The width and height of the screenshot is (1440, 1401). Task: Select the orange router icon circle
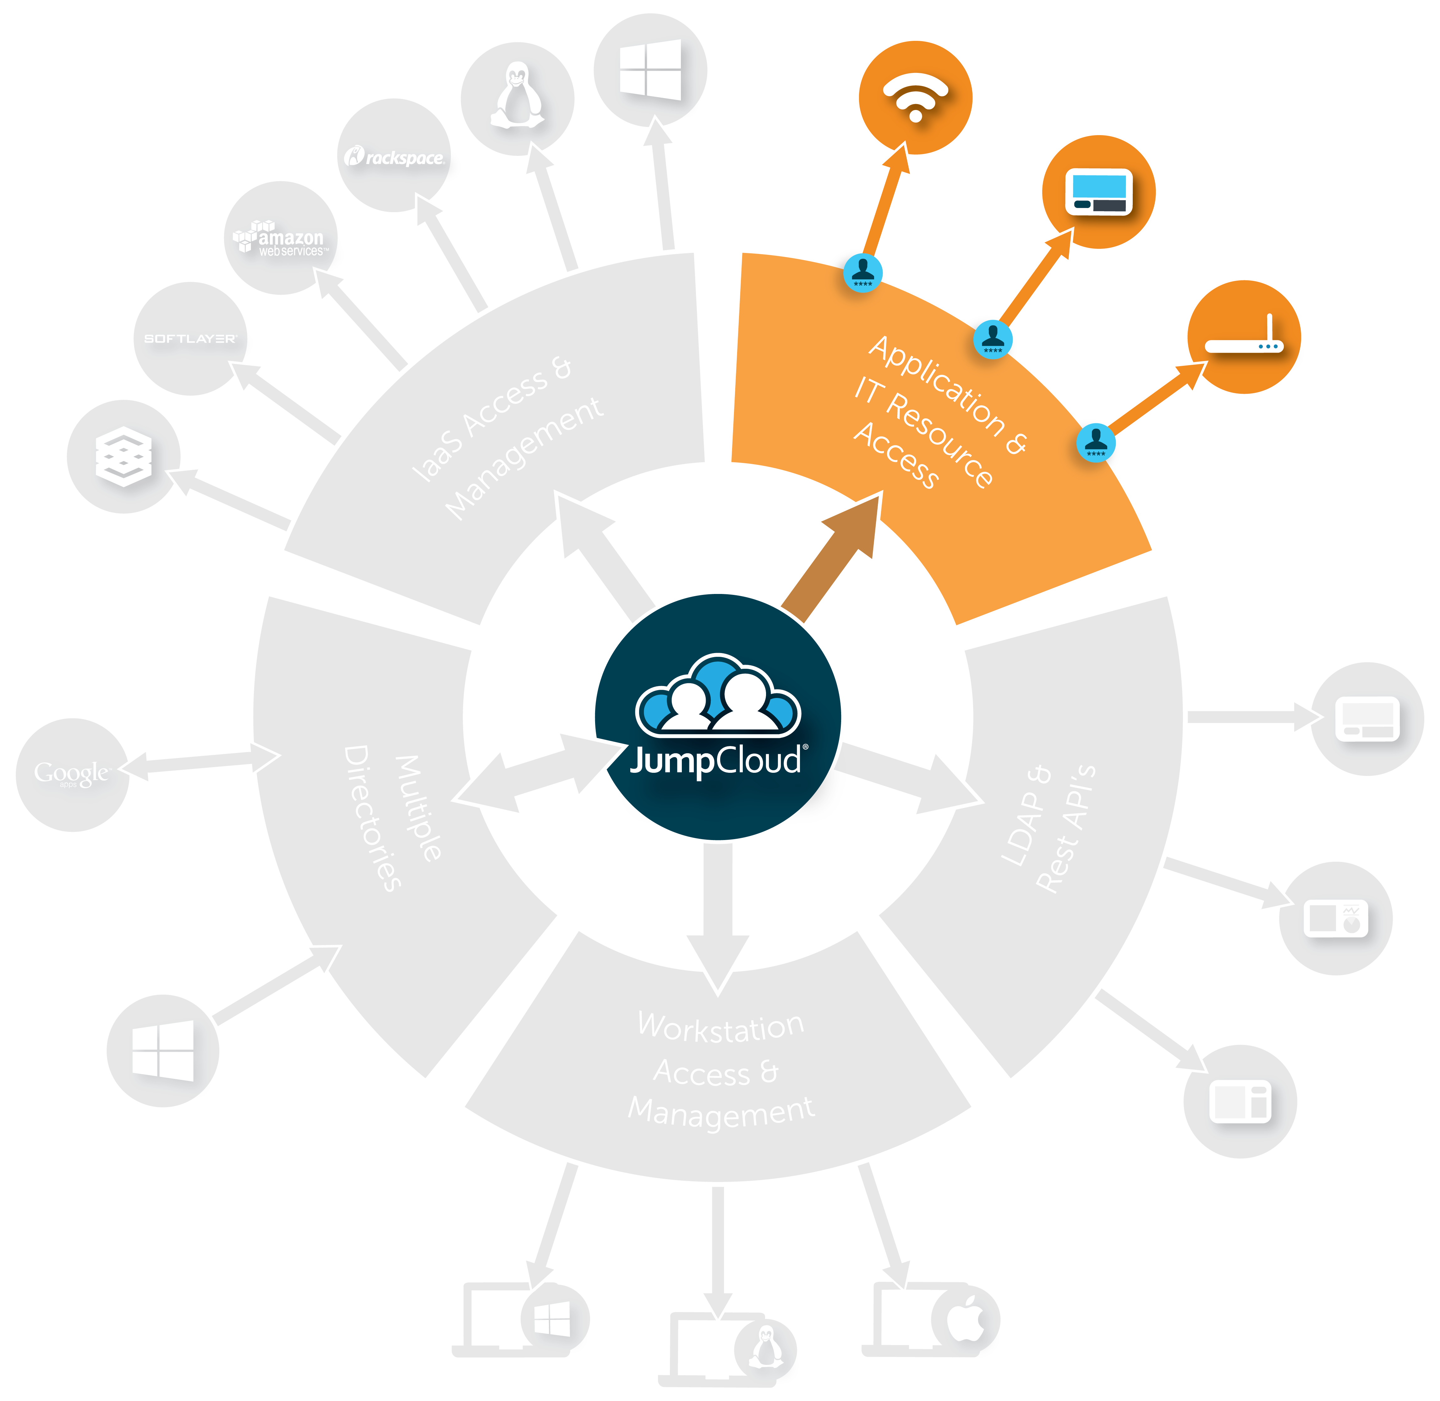(1244, 337)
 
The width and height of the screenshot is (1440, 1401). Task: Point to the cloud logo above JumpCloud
(717, 695)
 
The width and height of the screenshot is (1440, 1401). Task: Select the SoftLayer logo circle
(190, 338)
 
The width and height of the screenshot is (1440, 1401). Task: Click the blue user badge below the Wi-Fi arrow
(862, 272)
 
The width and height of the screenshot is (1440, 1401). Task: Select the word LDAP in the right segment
(1027, 817)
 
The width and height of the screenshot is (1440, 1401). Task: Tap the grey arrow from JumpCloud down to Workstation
(717, 912)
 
